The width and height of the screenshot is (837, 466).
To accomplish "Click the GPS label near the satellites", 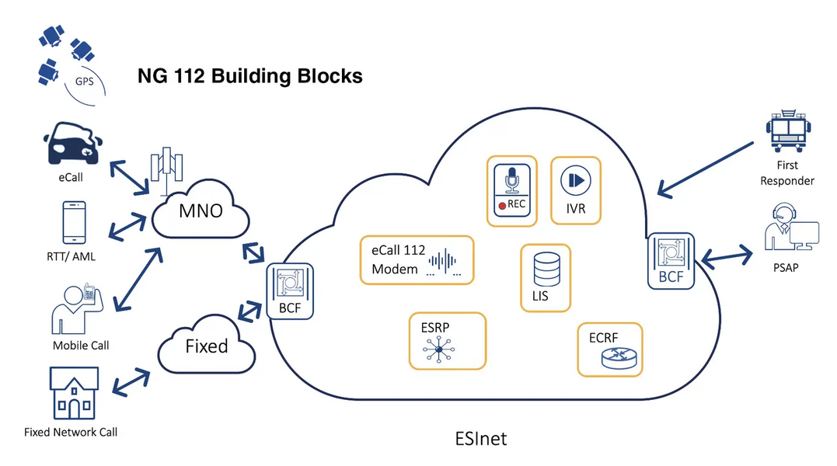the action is click(x=85, y=82).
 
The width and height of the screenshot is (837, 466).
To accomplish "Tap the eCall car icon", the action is click(x=72, y=144).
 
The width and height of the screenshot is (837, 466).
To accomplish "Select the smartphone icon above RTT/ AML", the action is click(x=74, y=222).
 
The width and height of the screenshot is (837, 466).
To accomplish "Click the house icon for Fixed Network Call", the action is click(x=74, y=394).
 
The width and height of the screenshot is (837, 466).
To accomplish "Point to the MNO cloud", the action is click(x=201, y=210).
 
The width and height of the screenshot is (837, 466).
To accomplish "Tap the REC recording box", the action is click(x=512, y=191).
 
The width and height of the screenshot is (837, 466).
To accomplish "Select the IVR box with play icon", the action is click(x=575, y=190).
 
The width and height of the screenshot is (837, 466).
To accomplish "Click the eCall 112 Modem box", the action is click(x=417, y=259).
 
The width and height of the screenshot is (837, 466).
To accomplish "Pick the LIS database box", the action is click(x=546, y=278).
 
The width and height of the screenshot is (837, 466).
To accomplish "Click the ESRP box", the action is click(x=448, y=341).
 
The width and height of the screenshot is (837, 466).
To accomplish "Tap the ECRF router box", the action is click(x=610, y=349).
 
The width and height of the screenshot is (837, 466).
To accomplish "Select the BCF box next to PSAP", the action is click(x=671, y=261).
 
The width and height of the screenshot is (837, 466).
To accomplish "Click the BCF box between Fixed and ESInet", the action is click(x=290, y=291).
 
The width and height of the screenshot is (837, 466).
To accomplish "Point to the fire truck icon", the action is click(x=788, y=131).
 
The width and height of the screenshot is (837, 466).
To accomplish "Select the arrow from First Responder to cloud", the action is click(x=705, y=169).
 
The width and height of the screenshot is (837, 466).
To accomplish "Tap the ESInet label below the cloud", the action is click(x=481, y=439).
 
